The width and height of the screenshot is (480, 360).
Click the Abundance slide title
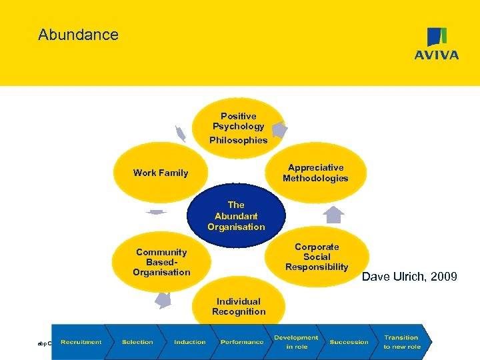tap(78, 35)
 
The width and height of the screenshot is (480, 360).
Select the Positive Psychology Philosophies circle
tap(239, 127)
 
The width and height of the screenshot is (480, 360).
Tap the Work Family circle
tap(161, 173)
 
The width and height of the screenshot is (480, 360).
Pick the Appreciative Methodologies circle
tap(315, 173)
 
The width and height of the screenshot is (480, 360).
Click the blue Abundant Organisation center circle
tap(236, 216)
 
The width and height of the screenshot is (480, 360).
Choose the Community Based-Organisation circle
tap(161, 262)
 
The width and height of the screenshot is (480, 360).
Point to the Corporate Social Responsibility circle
tap(317, 257)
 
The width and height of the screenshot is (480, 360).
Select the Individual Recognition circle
tap(239, 307)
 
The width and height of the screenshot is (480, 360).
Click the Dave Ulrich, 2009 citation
tap(409, 276)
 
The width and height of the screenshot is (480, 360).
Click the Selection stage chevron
tap(137, 342)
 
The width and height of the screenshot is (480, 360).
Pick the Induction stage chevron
tap(190, 342)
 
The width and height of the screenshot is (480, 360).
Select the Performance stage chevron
tap(242, 342)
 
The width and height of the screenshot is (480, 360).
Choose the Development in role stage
tap(295, 342)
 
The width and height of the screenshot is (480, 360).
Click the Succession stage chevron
tap(349, 342)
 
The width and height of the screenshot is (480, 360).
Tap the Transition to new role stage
tap(401, 342)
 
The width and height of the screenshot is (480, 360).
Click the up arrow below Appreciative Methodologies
tap(335, 215)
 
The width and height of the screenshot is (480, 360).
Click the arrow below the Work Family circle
tap(155, 213)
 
